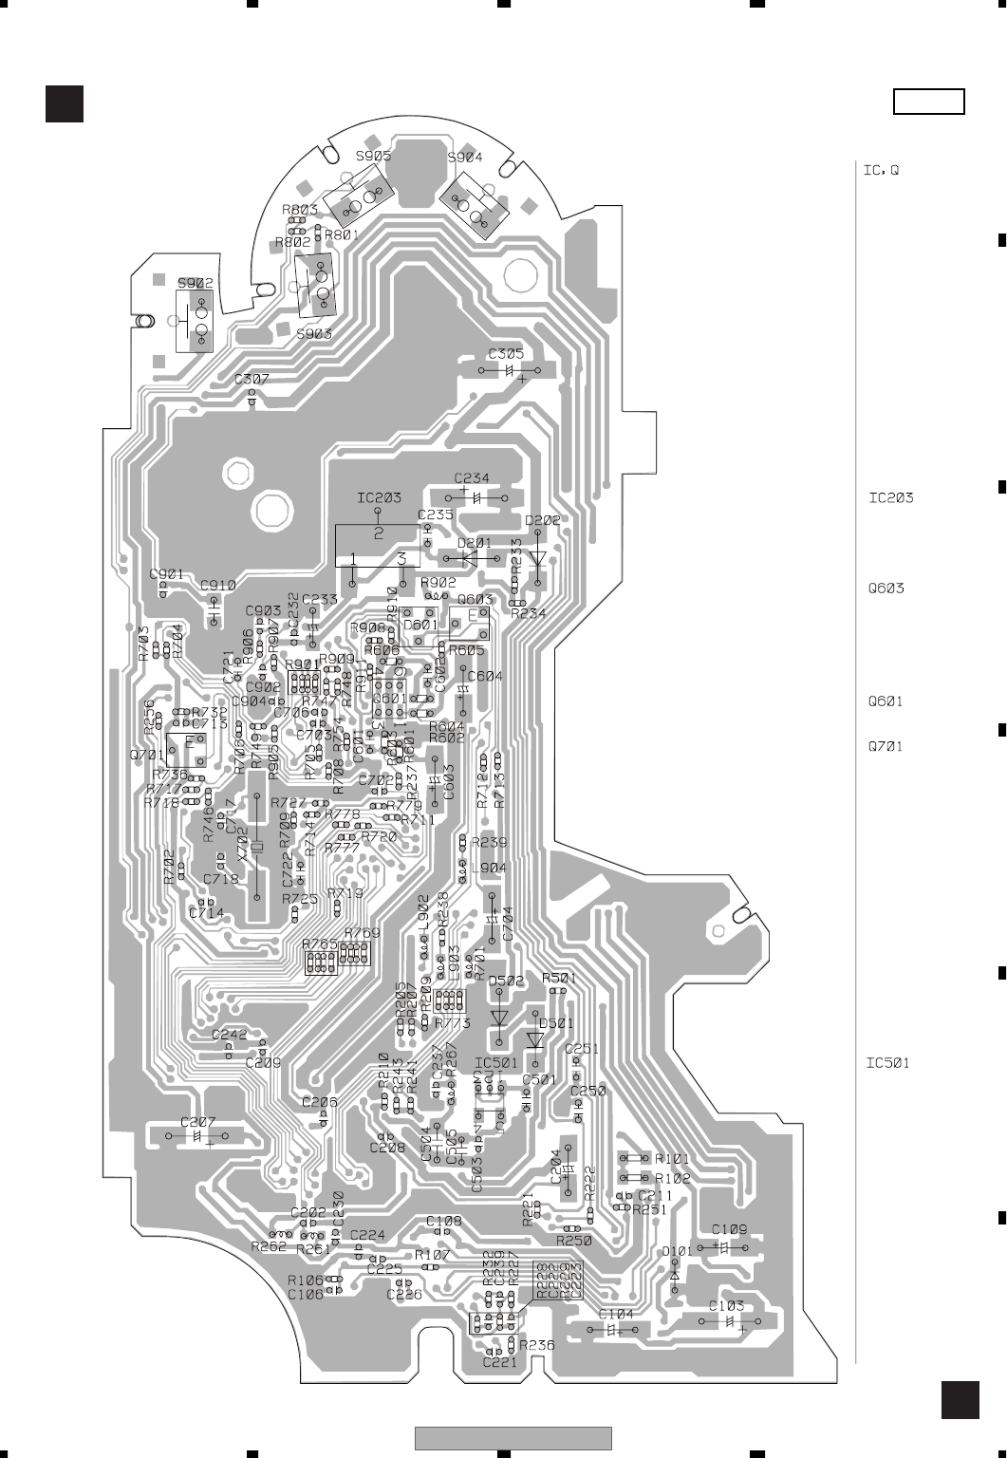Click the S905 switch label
pos(373,157)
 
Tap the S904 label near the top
pos(464,158)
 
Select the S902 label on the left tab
pos(196,283)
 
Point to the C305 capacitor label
pos(506,354)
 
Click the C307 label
pos(252,379)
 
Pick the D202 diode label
pos(542,520)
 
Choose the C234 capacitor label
pos(472,478)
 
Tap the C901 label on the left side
pos(167,574)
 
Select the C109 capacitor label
pos(729,1229)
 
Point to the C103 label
pos(726,1306)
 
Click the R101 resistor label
pos(672,1159)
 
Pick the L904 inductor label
pos(489,868)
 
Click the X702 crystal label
pos(243,843)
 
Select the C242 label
pos(229,1035)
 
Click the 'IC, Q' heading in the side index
pos(880,171)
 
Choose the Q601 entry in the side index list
pos(886,702)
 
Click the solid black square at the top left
pos(65,103)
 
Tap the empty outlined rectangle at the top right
pos(929,102)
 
